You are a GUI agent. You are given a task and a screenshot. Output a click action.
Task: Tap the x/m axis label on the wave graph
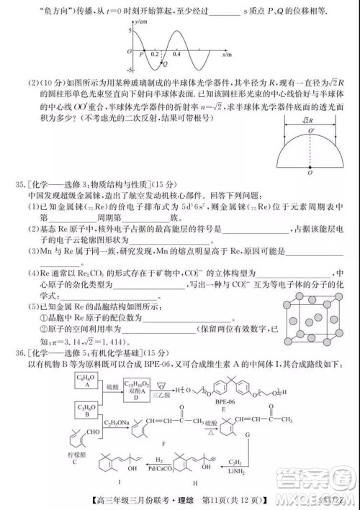click(226, 54)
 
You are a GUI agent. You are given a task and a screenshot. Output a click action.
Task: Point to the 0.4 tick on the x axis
click(176, 55)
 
